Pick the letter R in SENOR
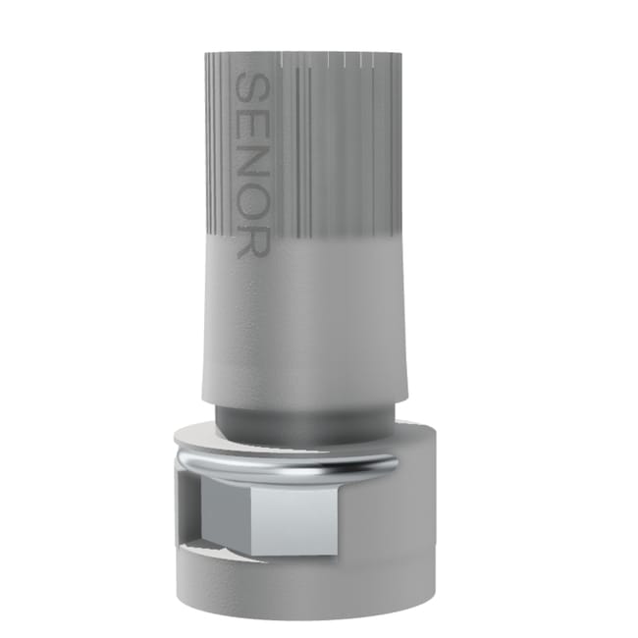pos(251,241)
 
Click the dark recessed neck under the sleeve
pos(294,420)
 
